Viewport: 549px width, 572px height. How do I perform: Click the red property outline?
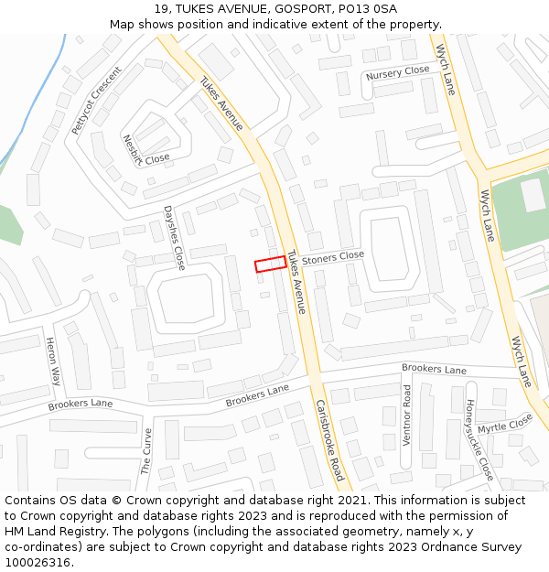(x=270, y=264)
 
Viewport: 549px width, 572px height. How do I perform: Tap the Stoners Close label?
(x=333, y=258)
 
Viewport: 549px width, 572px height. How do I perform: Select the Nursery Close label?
(x=397, y=71)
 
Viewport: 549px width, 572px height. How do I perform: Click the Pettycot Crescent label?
(x=96, y=101)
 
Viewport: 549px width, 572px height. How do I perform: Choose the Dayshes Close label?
(x=174, y=237)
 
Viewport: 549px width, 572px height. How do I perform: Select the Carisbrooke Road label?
(x=329, y=440)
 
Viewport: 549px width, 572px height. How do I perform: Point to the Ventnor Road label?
(x=407, y=415)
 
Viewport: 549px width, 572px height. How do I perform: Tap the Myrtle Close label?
(x=504, y=423)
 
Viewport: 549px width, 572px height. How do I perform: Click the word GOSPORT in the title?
(x=297, y=9)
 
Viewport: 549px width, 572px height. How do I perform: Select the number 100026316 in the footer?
(x=38, y=563)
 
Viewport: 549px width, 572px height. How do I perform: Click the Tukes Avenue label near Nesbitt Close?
(x=221, y=103)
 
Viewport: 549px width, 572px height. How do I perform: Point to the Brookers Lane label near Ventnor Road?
(x=434, y=369)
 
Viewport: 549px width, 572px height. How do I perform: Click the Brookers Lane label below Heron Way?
(x=81, y=404)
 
